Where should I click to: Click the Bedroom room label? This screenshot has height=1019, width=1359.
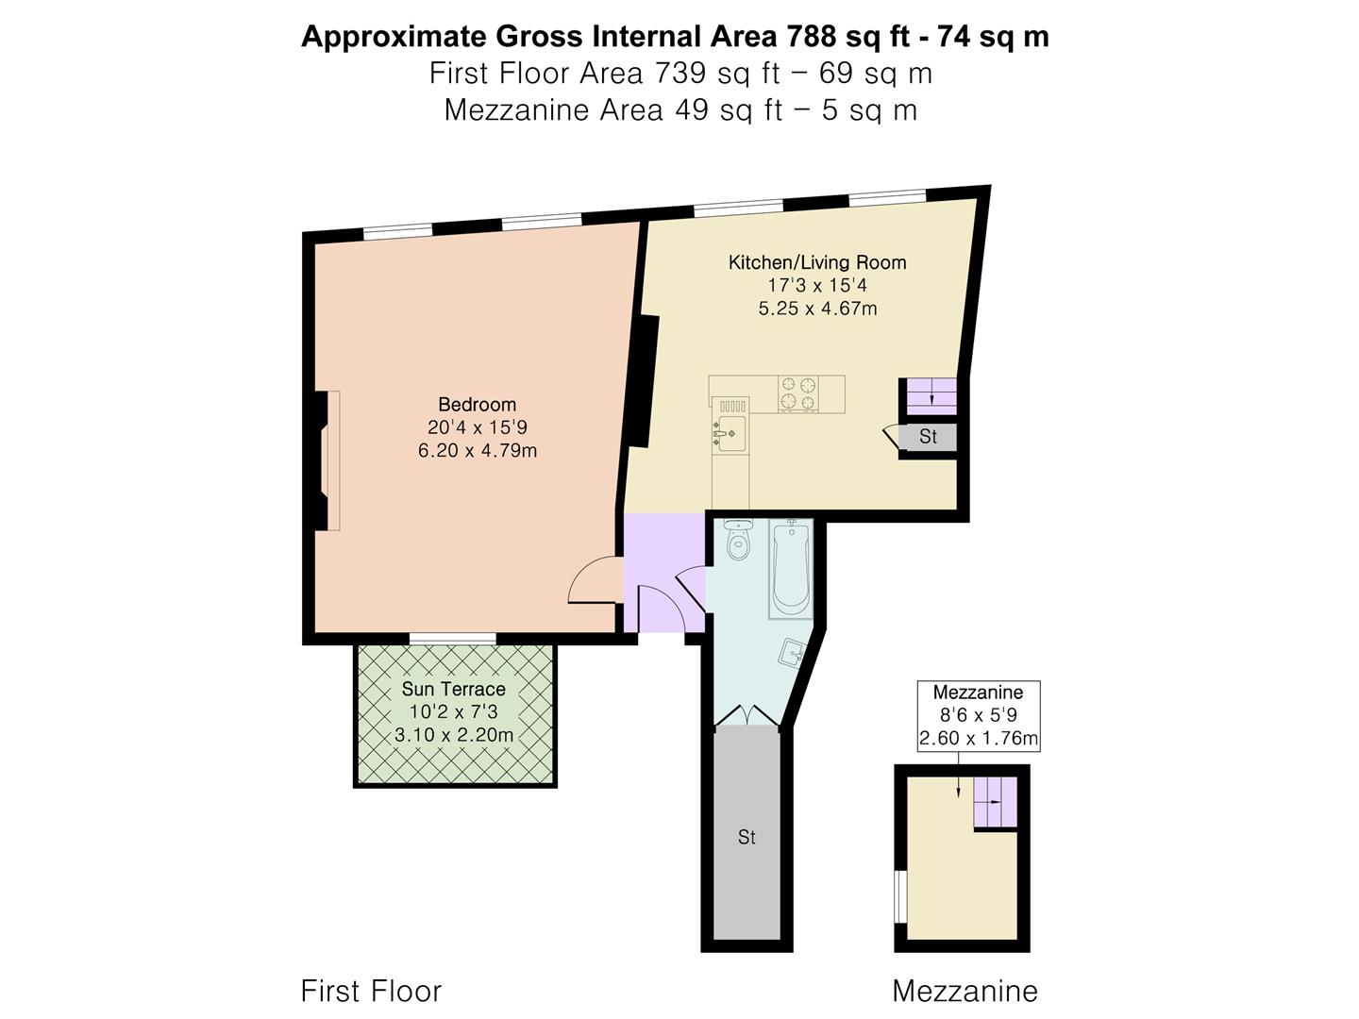[x=477, y=405]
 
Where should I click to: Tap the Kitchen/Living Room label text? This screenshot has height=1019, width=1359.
[x=817, y=262]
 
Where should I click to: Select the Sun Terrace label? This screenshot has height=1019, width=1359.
[x=454, y=689]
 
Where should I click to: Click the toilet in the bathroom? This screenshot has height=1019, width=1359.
[x=738, y=540]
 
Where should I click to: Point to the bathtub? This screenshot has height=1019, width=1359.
[x=791, y=569]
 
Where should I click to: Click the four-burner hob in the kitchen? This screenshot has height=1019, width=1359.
[x=798, y=393]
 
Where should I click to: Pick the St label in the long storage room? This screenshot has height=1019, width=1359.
[x=747, y=837]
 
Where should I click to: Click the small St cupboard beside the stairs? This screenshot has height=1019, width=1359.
[x=928, y=438]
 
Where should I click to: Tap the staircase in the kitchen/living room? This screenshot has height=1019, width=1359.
[x=931, y=396]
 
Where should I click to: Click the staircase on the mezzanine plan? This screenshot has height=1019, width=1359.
[x=996, y=802]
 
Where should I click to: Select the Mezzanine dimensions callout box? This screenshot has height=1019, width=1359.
[x=979, y=716]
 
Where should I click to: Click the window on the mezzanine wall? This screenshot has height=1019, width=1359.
[x=901, y=905]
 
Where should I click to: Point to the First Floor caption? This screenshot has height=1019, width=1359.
[x=372, y=991]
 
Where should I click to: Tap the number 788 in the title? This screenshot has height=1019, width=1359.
[x=811, y=37]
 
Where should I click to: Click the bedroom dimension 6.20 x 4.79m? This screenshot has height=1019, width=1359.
[x=478, y=450]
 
